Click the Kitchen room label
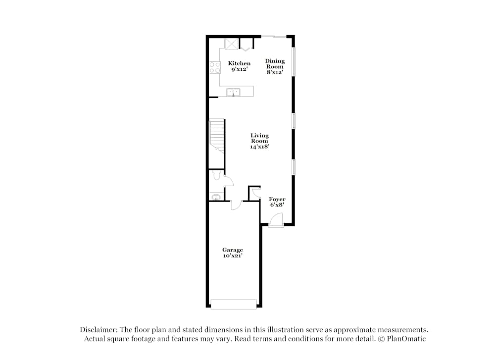tap(239, 63)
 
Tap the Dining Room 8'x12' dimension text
tap(275, 72)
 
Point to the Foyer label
tap(277, 199)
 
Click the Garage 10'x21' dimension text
tap(232, 256)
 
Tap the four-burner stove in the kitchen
tap(215, 68)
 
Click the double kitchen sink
tap(233, 92)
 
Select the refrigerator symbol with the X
tap(232, 44)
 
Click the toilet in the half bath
tap(216, 176)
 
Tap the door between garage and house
tap(236, 204)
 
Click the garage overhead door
tap(234, 304)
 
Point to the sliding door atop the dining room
tap(273, 36)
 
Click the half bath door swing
tap(228, 181)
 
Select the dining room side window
tap(294, 61)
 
